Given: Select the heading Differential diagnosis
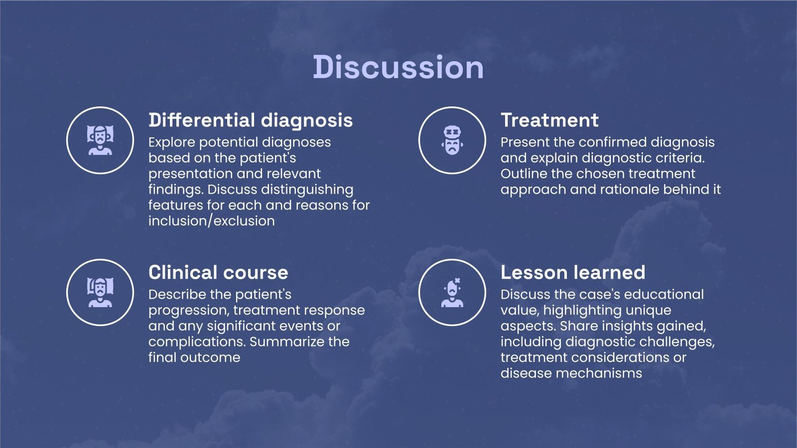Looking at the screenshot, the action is click(x=251, y=120).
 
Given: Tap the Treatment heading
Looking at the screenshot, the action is click(x=550, y=120).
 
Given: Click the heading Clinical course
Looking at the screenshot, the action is click(x=218, y=272).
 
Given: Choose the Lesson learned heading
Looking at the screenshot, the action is click(x=573, y=272).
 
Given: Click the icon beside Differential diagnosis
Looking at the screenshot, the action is click(x=100, y=140).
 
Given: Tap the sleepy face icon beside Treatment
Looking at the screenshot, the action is click(x=452, y=140).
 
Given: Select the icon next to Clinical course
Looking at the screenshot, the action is click(x=100, y=292).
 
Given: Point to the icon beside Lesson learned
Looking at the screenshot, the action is click(x=452, y=292).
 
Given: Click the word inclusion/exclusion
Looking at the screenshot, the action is click(x=212, y=221).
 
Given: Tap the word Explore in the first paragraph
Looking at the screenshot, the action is click(x=172, y=142).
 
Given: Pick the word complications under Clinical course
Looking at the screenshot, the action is click(x=197, y=342).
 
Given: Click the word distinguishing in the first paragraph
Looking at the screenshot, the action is click(x=307, y=190).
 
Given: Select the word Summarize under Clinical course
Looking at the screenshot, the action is click(x=287, y=341).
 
